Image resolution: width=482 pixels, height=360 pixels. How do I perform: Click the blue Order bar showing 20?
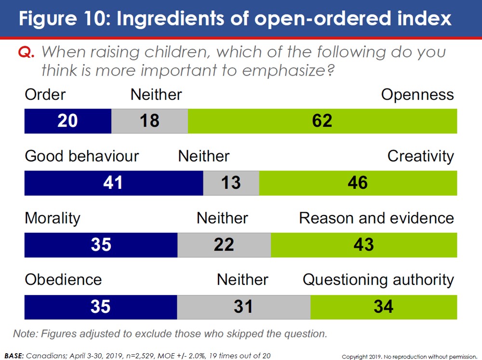(x=67, y=121)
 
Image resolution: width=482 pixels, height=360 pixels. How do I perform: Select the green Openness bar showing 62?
(x=322, y=121)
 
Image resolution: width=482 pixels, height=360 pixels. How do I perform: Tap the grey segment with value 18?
(x=149, y=121)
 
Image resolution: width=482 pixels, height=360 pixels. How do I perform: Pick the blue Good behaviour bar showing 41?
(x=114, y=183)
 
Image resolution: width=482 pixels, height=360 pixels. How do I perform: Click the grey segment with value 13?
(x=231, y=183)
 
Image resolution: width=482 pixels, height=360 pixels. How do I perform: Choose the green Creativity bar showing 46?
(x=358, y=183)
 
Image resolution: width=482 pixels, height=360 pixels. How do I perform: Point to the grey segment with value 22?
(x=224, y=245)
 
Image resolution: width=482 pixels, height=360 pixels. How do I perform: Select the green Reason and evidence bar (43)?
(x=363, y=245)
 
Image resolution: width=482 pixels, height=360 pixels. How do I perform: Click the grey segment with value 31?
(x=243, y=307)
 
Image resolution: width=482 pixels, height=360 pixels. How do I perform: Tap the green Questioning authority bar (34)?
(x=383, y=307)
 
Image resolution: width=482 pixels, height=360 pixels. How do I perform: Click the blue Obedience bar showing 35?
(x=101, y=307)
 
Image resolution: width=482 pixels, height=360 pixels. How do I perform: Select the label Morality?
(x=53, y=218)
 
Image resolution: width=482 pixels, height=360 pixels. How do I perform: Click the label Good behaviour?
(x=81, y=156)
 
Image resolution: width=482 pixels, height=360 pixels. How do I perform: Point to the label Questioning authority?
(x=378, y=280)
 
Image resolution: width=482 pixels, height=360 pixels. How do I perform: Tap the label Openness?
(x=417, y=94)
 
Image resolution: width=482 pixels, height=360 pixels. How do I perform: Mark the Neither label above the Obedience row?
(x=242, y=280)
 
